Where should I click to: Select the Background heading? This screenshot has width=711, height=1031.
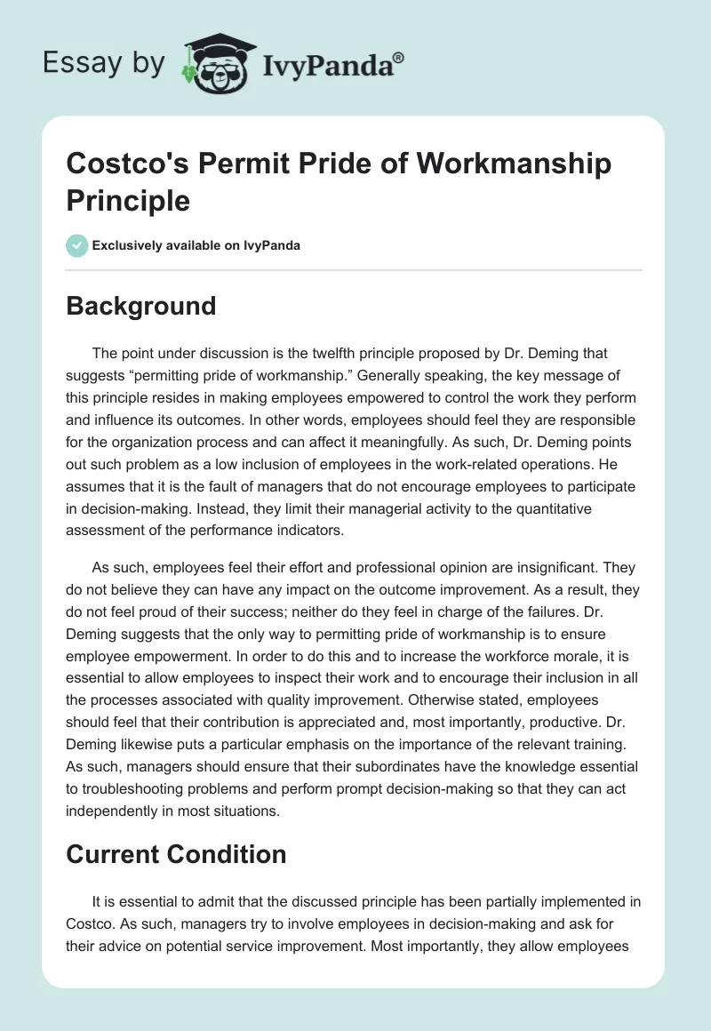point(141,306)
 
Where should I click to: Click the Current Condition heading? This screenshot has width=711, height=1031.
point(176,854)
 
